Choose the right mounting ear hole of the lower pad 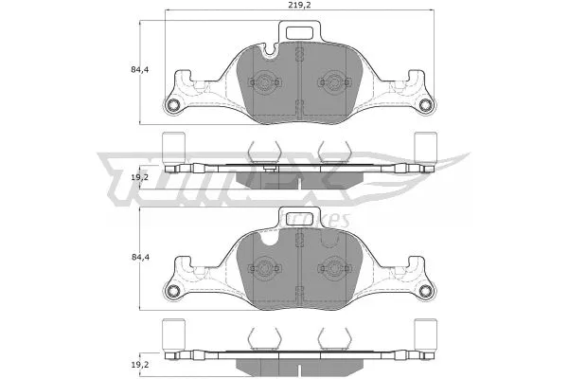pos(425,289)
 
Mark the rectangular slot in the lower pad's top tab pos(302,217)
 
